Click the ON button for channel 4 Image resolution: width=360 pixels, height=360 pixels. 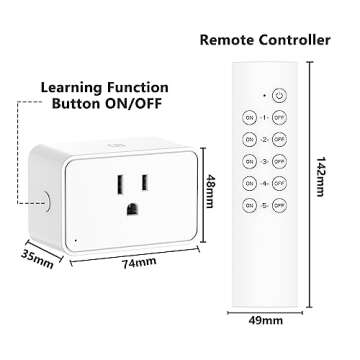(x=250, y=184)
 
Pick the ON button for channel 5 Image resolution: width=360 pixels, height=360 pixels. (x=250, y=206)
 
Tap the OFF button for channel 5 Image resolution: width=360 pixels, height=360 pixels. (x=279, y=206)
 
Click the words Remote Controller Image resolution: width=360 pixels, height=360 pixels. (x=265, y=40)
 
